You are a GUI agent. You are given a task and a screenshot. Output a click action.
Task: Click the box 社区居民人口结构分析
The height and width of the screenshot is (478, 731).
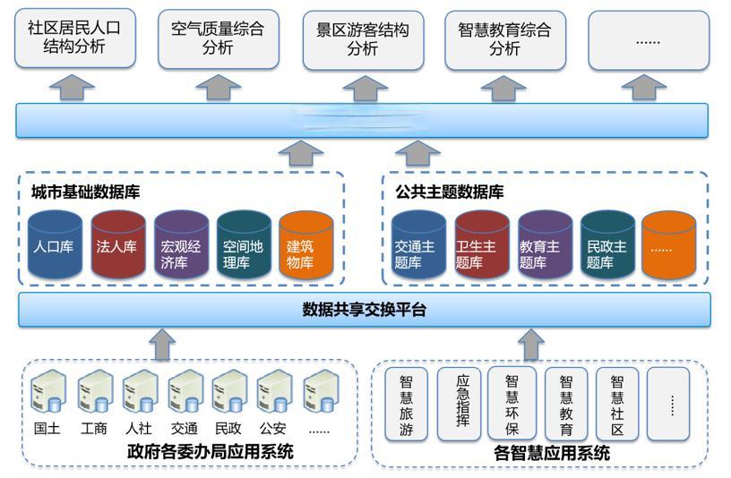(x=74, y=38)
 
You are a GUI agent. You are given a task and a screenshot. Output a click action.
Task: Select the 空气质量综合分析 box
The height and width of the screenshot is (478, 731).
(x=218, y=38)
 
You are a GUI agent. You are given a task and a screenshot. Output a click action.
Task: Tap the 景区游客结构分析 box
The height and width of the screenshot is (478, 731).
(x=362, y=38)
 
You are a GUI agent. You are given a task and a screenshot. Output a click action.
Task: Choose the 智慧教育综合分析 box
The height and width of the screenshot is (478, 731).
(x=504, y=38)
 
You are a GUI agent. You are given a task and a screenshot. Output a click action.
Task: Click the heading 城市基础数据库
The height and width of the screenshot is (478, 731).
(x=85, y=192)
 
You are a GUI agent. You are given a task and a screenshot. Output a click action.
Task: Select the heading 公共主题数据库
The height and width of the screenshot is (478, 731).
(x=450, y=192)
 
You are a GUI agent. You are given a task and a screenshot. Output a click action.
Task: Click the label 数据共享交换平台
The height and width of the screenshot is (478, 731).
(x=364, y=310)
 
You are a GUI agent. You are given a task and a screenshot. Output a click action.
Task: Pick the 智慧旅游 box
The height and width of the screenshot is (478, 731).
(x=406, y=405)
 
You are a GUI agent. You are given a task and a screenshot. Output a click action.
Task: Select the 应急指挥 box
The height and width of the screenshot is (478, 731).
(x=459, y=405)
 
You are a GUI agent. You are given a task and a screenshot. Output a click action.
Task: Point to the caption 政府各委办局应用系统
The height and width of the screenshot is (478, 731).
(x=211, y=452)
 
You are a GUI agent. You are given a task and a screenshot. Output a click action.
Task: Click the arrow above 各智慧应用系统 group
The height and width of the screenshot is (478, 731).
(x=531, y=343)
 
